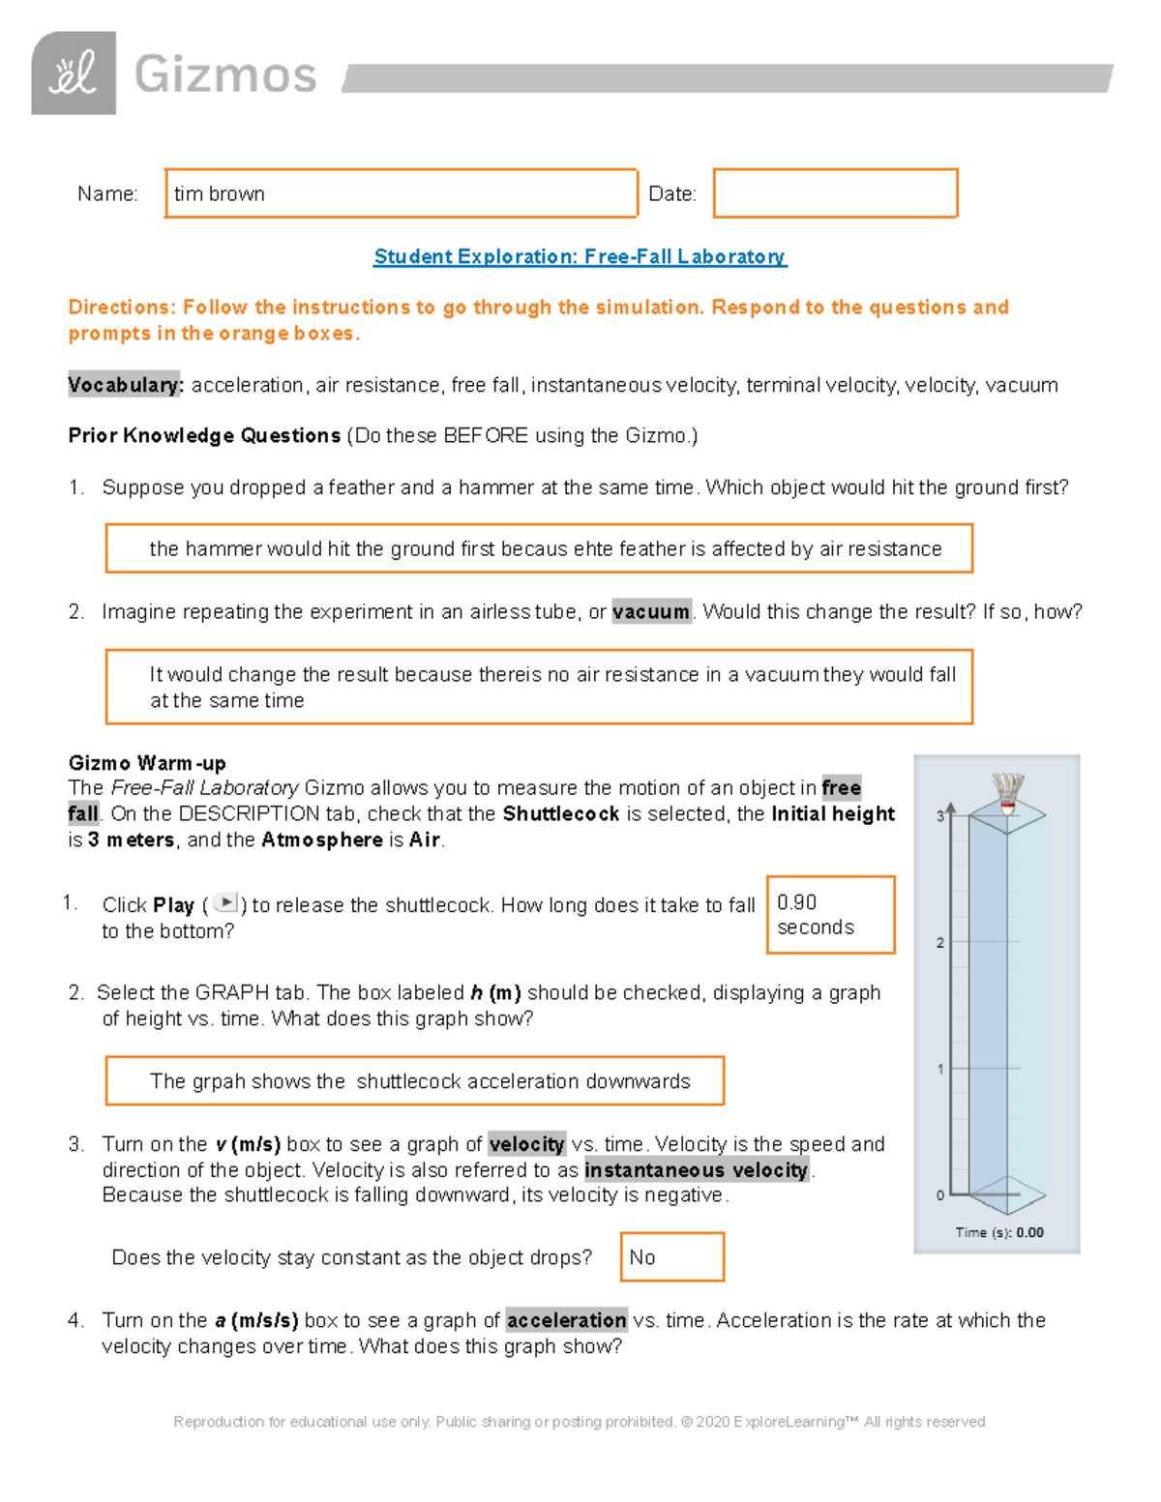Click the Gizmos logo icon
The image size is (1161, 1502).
[74, 74]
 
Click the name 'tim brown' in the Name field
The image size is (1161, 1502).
[220, 193]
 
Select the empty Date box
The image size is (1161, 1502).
[835, 193]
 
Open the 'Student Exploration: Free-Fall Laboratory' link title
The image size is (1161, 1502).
[580, 256]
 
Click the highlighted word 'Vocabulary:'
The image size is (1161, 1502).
[124, 385]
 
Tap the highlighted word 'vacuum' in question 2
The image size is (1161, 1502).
[651, 611]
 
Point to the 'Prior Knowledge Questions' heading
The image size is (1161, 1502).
[204, 435]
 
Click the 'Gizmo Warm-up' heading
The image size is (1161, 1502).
[147, 762]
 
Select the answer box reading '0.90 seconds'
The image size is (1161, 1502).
[830, 915]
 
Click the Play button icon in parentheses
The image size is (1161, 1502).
[225, 903]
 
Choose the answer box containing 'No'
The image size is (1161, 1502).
[671, 1256]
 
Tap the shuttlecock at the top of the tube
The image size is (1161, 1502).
[1007, 793]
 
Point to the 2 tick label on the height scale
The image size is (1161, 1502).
[939, 942]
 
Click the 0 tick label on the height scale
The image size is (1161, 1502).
[939, 1195]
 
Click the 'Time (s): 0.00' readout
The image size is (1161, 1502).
[998, 1232]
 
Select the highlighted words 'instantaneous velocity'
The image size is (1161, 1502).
[697, 1170]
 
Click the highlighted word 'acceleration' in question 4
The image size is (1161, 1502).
[566, 1320]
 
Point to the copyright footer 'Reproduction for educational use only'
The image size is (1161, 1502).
[579, 1422]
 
